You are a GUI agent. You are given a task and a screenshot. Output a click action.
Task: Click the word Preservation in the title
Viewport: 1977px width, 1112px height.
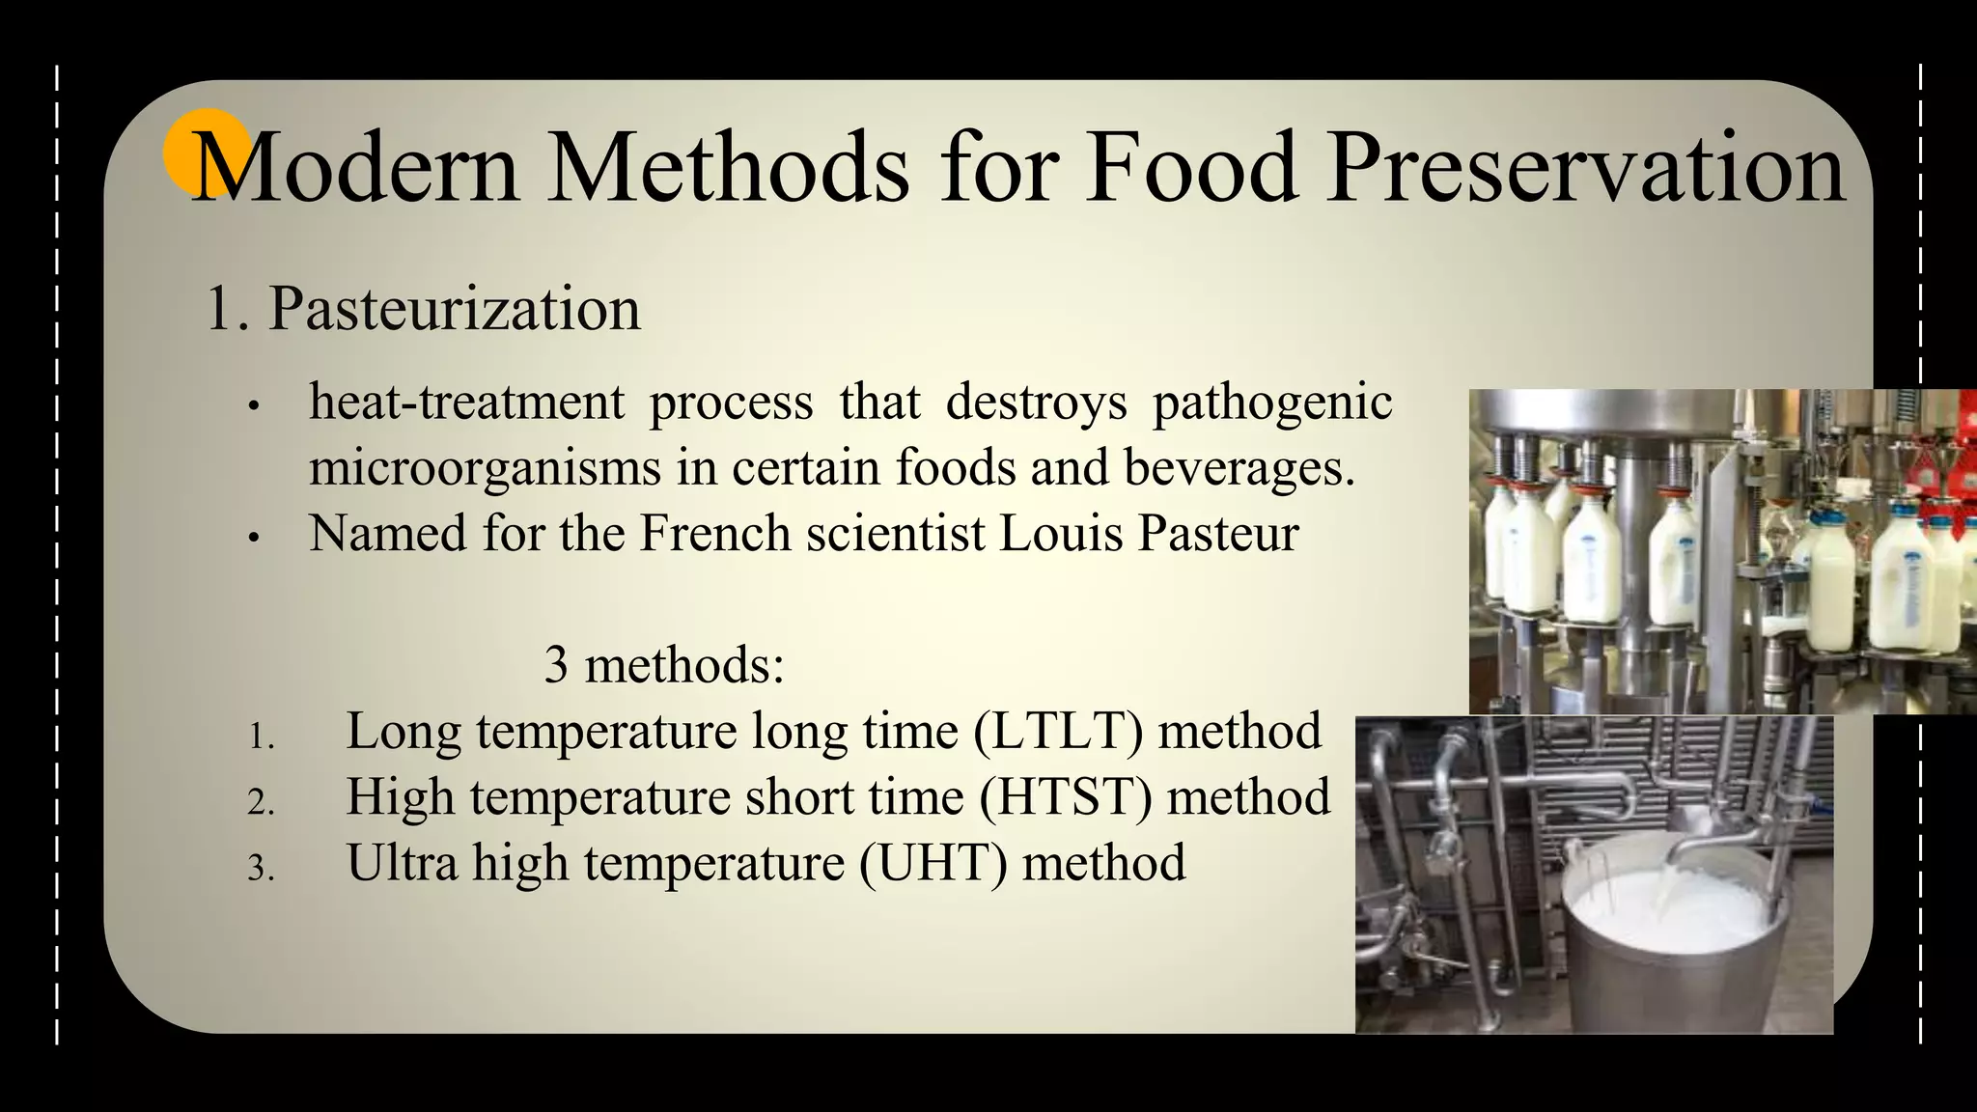click(x=1585, y=169)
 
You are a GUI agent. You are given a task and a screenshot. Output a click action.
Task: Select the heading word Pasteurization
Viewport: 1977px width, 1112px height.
click(x=454, y=309)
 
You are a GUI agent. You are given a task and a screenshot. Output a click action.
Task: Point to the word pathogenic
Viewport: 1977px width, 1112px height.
click(x=1272, y=403)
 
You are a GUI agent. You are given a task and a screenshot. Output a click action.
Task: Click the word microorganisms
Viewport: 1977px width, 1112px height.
click(x=485, y=468)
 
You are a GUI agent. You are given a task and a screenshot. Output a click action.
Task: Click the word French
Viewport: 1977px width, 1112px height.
click(x=715, y=533)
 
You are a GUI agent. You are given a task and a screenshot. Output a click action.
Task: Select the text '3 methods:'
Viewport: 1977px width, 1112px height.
click(x=664, y=665)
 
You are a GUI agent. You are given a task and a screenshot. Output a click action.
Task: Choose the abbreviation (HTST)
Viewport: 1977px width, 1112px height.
click(x=1066, y=797)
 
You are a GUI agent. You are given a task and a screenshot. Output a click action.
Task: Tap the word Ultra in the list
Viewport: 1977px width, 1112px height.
click(x=402, y=863)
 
